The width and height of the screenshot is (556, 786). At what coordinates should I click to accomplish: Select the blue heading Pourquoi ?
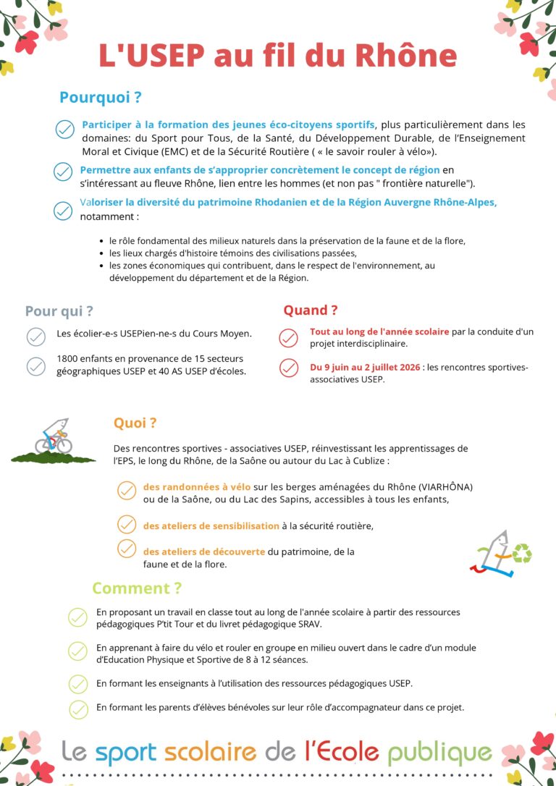(100, 97)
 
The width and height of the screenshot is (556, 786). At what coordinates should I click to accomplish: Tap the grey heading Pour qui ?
(59, 311)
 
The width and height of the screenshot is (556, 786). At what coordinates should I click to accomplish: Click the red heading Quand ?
(310, 310)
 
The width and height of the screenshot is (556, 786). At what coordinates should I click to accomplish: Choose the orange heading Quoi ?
(135, 423)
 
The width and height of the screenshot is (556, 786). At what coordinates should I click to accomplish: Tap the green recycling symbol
(522, 554)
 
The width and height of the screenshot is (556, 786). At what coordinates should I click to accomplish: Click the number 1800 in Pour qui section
(69, 359)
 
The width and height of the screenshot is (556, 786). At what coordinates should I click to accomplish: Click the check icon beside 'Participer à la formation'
(65, 130)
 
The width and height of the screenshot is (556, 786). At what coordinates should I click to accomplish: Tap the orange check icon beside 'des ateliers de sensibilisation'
(127, 525)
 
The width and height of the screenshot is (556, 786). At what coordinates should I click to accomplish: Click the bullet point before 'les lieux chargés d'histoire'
(101, 253)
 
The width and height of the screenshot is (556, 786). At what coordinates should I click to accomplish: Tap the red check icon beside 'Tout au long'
(288, 337)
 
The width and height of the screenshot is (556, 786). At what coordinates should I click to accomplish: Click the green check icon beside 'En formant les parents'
(77, 708)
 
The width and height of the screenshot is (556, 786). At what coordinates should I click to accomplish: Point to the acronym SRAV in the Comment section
(309, 623)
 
